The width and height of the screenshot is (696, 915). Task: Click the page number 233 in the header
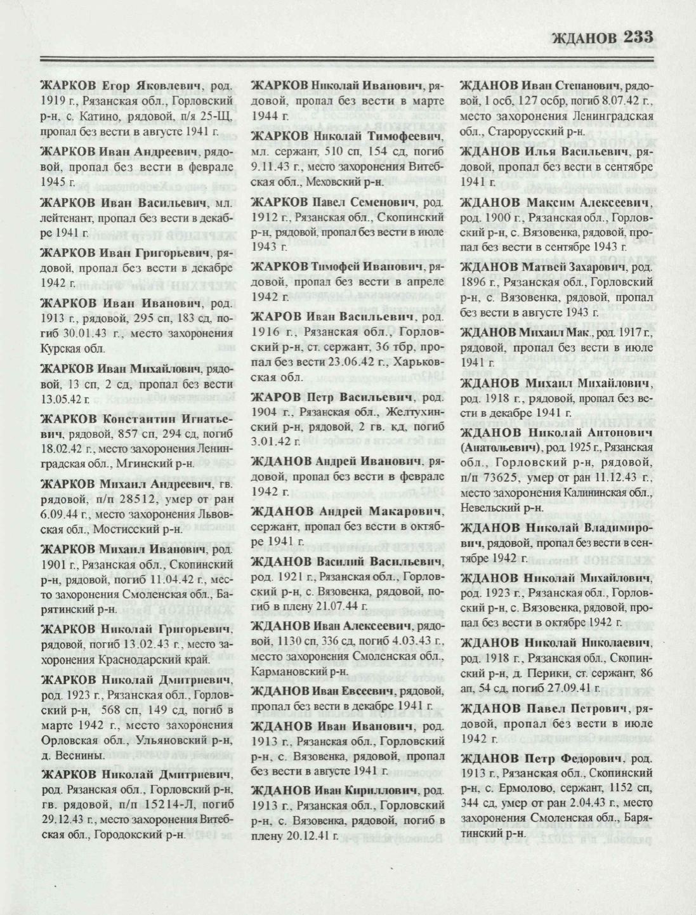point(635,37)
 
